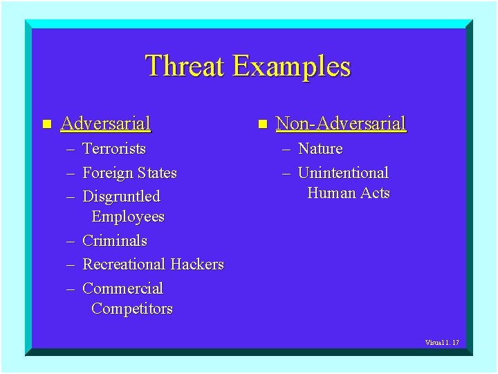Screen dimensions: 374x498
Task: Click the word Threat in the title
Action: tap(185, 66)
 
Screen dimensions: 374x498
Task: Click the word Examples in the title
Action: tap(291, 66)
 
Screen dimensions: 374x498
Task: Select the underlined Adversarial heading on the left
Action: tap(105, 124)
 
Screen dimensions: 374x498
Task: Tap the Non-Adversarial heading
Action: tap(340, 124)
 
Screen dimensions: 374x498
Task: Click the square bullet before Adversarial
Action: tap(46, 125)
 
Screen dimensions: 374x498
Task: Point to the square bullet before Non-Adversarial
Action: tap(262, 125)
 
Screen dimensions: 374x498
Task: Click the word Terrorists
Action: tap(114, 149)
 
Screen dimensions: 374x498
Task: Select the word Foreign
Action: tap(107, 173)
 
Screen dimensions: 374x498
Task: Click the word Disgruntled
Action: tap(121, 197)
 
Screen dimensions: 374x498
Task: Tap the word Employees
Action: tap(128, 217)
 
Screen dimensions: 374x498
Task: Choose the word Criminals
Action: tap(115, 241)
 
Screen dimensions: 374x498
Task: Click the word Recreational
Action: tap(124, 265)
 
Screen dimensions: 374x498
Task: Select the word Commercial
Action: tap(122, 289)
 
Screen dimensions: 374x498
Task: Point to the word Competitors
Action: tap(132, 309)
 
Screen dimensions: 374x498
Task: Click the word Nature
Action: tap(320, 149)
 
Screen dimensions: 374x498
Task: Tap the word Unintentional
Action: tap(343, 173)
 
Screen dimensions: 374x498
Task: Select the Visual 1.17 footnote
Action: tap(442, 343)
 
